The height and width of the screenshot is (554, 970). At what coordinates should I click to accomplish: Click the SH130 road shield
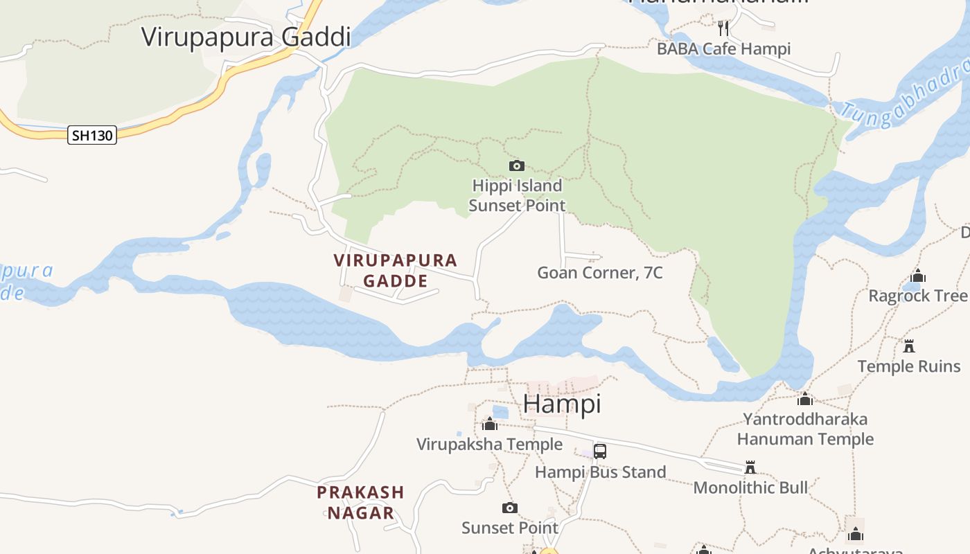pos(92,135)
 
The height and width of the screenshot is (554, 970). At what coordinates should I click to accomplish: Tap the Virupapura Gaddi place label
pos(246,37)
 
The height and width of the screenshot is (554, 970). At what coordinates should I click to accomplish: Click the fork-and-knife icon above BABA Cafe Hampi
pos(723,28)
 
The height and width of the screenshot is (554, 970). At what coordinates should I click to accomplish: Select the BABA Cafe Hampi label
pos(723,49)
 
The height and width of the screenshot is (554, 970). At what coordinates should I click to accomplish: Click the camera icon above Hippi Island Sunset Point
pos(516,166)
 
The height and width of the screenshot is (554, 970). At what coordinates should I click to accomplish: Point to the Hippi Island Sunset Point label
pos(517,196)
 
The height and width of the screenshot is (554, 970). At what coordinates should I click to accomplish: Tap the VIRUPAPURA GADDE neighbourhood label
pos(396,271)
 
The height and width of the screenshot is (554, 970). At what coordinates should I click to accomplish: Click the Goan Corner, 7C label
pos(600,273)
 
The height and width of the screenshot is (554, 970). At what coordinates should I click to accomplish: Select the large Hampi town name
pos(562,403)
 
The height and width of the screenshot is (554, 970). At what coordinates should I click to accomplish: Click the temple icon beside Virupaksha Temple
pos(490,424)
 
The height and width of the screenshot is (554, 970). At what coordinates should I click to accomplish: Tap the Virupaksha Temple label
pos(489,444)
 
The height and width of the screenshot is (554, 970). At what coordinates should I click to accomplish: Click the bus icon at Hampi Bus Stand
pos(600,452)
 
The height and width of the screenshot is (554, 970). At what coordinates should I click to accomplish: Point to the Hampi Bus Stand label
pos(600,472)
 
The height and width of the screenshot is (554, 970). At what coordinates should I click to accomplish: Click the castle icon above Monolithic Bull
pos(750,467)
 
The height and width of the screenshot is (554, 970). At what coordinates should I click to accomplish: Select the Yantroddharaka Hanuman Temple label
pos(805,429)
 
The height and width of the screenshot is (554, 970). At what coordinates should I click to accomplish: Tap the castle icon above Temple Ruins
pos(909,346)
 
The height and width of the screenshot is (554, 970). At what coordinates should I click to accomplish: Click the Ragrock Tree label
pos(918,296)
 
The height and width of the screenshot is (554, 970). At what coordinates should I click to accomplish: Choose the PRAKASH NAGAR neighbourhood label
pos(360,503)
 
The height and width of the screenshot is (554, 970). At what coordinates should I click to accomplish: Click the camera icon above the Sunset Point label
pos(509,508)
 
